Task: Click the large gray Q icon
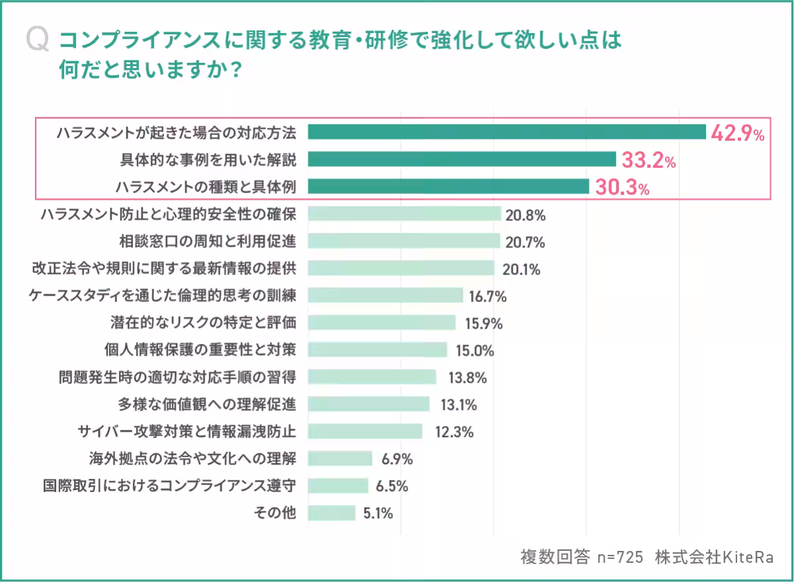pos(38,40)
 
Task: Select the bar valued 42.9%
pos(507,132)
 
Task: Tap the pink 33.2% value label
pos(648,160)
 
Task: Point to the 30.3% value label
pos(621,187)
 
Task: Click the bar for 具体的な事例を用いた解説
pos(462,159)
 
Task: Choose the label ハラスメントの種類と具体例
pos(205,187)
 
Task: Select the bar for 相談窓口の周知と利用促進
pos(404,241)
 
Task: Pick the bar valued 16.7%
pos(385,296)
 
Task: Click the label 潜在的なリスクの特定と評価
pos(202,323)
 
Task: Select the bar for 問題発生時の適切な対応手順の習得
pos(372,377)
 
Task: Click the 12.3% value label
pos(454,432)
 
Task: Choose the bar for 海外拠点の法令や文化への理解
pos(340,458)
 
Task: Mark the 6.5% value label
pos(392,486)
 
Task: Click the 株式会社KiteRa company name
pos(714,557)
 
